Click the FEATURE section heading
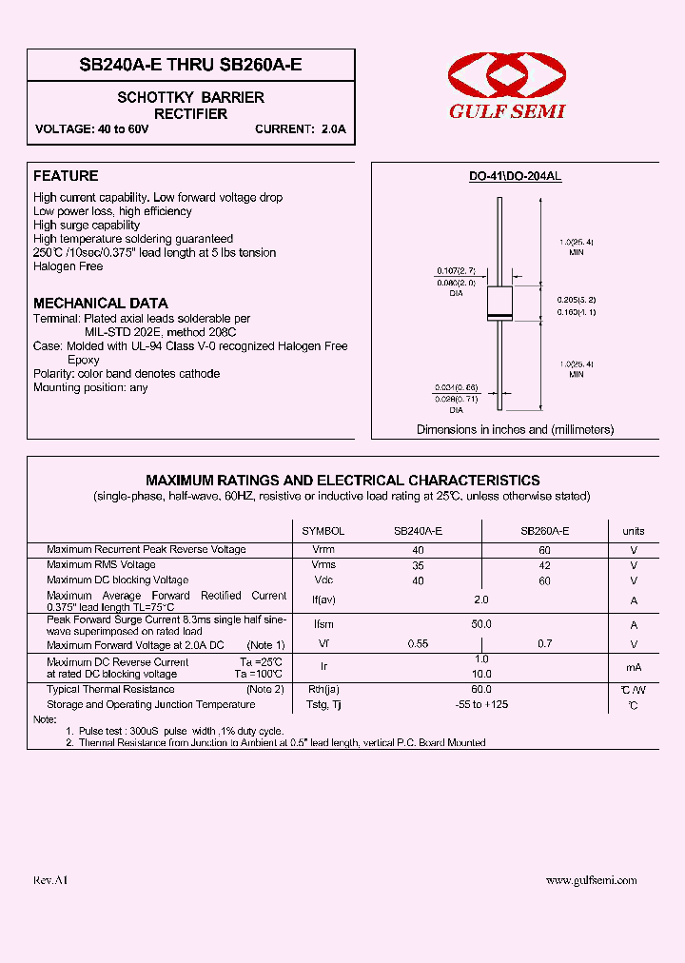(x=66, y=176)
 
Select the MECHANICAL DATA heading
(x=101, y=304)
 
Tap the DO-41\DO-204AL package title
(x=515, y=177)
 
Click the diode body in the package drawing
(x=499, y=303)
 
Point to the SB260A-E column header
(x=544, y=531)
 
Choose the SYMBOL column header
(x=323, y=531)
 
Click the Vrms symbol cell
(x=323, y=564)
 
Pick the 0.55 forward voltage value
(x=419, y=644)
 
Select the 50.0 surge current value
(x=481, y=624)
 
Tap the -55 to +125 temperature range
(x=481, y=704)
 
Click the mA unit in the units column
(x=634, y=668)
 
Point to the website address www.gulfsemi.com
(x=591, y=881)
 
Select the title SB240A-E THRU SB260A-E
(x=190, y=67)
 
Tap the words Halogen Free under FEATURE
(x=68, y=266)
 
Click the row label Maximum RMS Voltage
(x=101, y=564)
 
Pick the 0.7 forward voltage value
(x=544, y=644)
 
